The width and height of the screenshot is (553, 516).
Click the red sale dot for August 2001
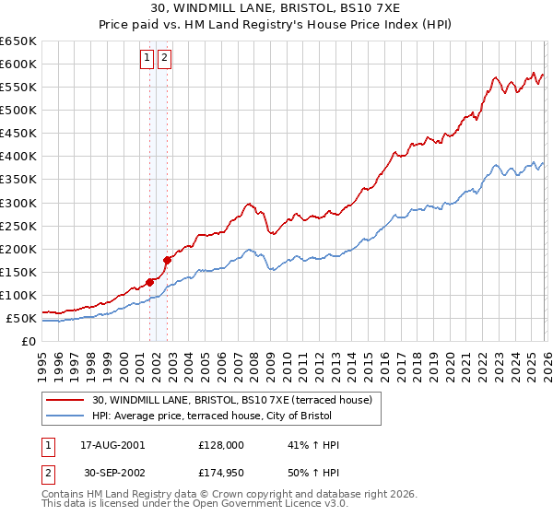[x=149, y=282]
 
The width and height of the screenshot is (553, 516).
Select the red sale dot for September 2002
[x=168, y=260]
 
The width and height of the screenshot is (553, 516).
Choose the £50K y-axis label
[x=21, y=319]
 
